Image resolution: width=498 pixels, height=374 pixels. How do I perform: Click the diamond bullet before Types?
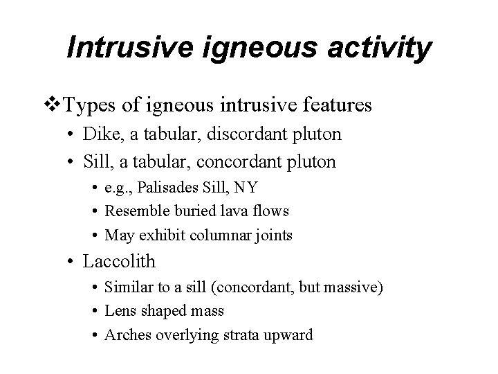(x=54, y=106)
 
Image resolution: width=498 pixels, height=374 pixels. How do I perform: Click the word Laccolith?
(x=119, y=262)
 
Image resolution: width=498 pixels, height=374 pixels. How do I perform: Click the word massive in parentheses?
(x=349, y=287)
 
